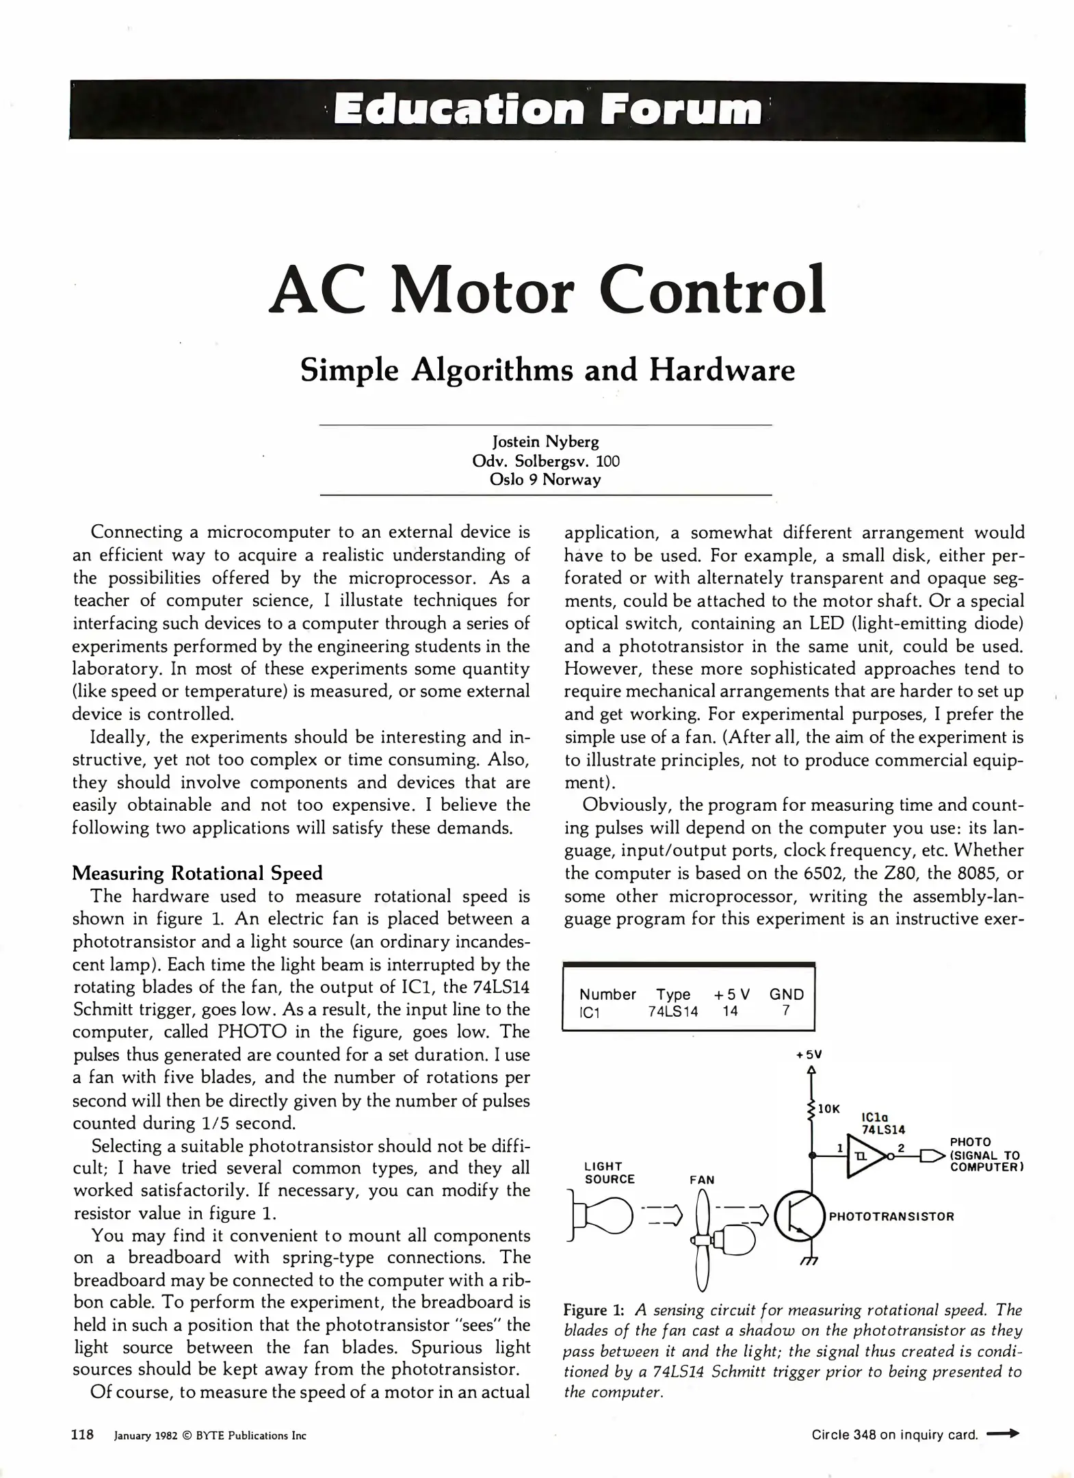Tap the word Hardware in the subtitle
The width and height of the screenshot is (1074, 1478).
tap(722, 370)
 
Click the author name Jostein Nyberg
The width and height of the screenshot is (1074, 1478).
tap(545, 442)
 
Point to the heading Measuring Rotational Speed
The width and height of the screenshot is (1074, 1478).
tap(197, 873)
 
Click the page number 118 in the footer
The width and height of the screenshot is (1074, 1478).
tap(83, 1435)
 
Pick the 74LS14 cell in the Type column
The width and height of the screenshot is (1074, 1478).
tap(673, 1011)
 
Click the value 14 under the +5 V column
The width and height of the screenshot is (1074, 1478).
tap(730, 1011)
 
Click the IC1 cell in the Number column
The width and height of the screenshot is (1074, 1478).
tap(589, 1012)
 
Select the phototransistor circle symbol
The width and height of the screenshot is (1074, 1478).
tap(799, 1218)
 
